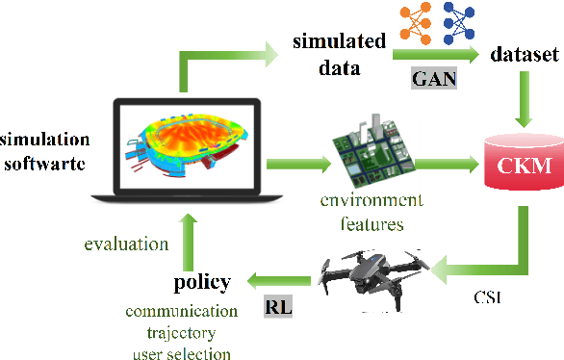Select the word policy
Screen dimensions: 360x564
tap(202, 283)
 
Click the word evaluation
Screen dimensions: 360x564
tap(125, 244)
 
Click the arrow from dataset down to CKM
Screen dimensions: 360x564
tap(524, 96)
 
